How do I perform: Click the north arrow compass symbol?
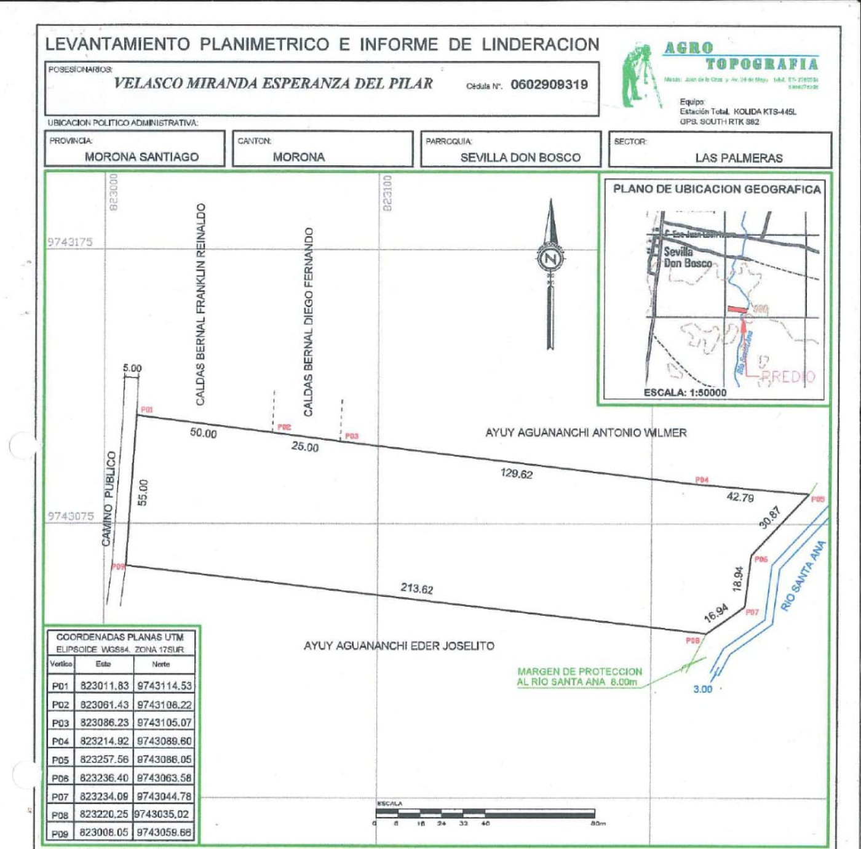click(x=550, y=258)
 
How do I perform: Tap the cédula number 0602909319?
click(x=549, y=85)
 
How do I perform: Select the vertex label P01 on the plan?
click(x=147, y=410)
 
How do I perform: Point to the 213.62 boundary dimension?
click(x=417, y=589)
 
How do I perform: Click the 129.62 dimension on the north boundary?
click(x=517, y=474)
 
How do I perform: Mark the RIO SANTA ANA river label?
click(x=803, y=576)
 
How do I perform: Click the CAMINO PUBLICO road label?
click(x=108, y=498)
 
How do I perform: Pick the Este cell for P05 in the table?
click(x=104, y=760)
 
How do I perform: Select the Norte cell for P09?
click(x=164, y=833)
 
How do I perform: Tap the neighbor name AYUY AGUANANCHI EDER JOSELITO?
click(x=399, y=646)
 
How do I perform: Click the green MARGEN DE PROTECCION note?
click(x=579, y=677)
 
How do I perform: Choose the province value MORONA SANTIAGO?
click(x=141, y=157)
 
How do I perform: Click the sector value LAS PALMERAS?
click(x=739, y=158)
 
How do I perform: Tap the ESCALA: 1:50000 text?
click(x=684, y=393)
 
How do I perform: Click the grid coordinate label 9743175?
click(x=70, y=242)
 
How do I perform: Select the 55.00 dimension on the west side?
click(x=143, y=492)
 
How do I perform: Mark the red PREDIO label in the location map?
click(x=788, y=377)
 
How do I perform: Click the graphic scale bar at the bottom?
click(x=485, y=813)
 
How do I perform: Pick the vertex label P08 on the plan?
click(x=692, y=640)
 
